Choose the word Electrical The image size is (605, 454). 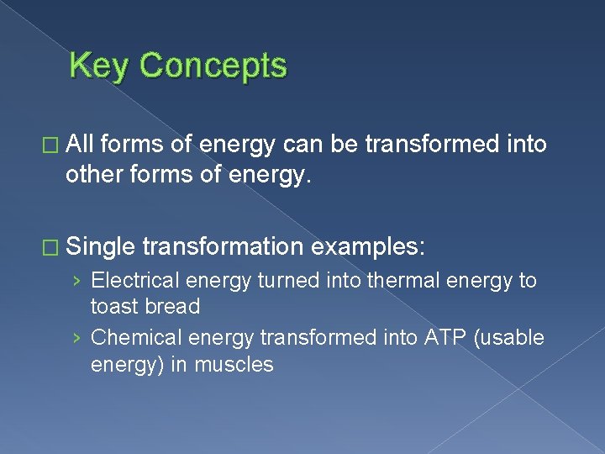(134, 280)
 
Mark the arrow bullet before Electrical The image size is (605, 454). (77, 281)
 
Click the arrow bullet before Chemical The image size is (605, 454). (77, 338)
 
